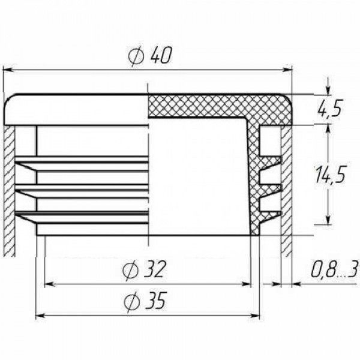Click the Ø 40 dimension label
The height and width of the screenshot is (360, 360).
pyautogui.click(x=149, y=56)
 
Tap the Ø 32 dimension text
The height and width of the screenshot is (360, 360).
pyautogui.click(x=144, y=269)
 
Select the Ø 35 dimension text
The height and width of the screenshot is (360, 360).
pyautogui.click(x=145, y=301)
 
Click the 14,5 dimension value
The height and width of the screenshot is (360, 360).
pyautogui.click(x=330, y=175)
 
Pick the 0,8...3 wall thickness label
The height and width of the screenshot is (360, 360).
pyautogui.click(x=335, y=270)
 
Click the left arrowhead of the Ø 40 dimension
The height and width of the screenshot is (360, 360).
pyautogui.click(x=7, y=70)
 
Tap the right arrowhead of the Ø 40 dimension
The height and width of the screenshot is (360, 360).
pyautogui.click(x=287, y=70)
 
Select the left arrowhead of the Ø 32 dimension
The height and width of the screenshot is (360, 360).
pyautogui.click(x=49, y=284)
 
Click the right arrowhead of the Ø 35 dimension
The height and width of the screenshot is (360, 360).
pyautogui.click(x=255, y=316)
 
